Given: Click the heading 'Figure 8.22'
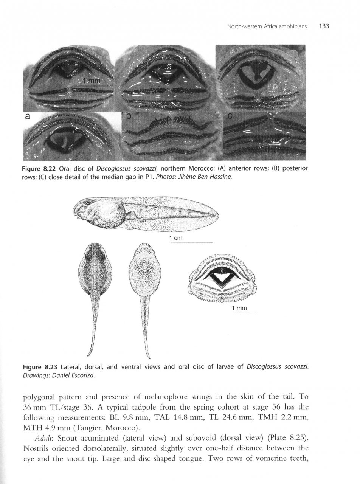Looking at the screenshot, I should tap(40, 169).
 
